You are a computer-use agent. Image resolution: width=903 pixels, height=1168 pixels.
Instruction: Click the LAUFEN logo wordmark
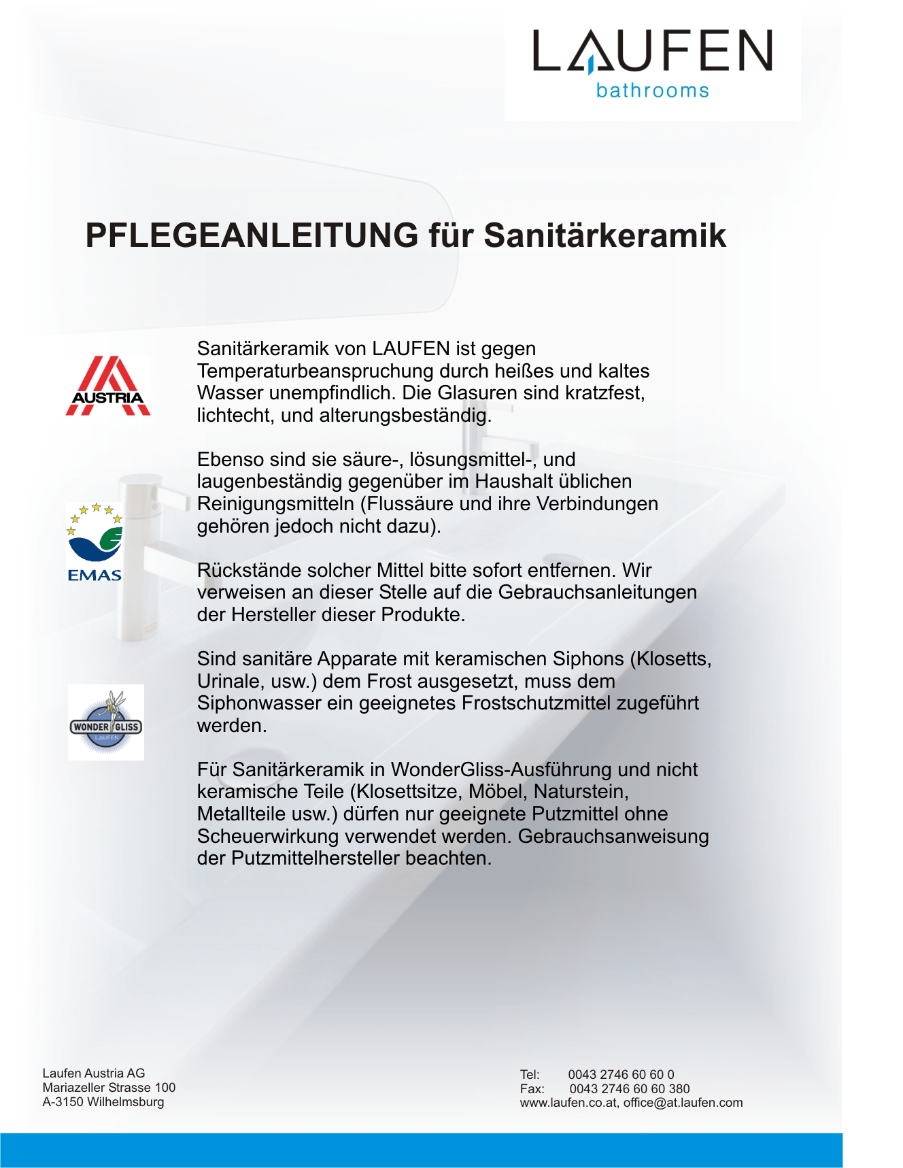click(652, 51)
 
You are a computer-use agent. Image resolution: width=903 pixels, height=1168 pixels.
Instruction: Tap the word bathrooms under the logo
click(652, 90)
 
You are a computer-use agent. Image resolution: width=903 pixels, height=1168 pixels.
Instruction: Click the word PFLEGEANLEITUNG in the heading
click(252, 235)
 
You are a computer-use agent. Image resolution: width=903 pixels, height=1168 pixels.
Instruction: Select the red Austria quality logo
click(108, 386)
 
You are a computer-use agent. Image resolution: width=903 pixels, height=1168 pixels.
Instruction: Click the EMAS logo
click(95, 542)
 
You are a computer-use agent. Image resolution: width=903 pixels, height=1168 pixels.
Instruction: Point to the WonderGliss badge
click(106, 722)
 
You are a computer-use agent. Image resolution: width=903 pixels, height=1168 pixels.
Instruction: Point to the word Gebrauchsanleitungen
click(598, 593)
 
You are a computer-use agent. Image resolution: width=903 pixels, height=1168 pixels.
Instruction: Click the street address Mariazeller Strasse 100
click(109, 1088)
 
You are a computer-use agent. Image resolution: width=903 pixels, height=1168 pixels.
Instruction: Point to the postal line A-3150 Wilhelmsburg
click(103, 1102)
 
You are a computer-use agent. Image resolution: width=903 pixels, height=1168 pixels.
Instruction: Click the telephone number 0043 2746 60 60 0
click(621, 1075)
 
